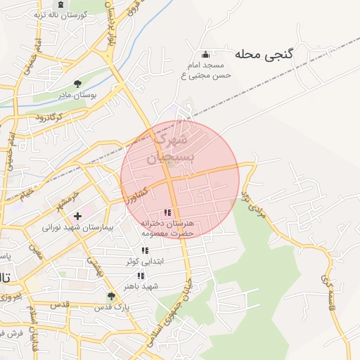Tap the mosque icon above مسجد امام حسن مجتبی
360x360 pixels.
click(x=205, y=55)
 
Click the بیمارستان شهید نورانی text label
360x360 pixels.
click(x=73, y=227)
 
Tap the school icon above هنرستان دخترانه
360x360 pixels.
click(x=167, y=212)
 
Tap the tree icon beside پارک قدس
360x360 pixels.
click(x=111, y=296)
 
